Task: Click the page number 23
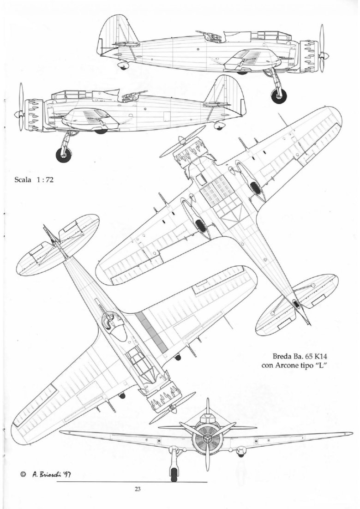pos(138,490)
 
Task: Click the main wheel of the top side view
pos(278,96)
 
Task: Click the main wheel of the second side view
pos(63,155)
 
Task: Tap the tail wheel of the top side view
pos(123,66)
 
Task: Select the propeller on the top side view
pos(322,48)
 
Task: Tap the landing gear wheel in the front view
pos(175,473)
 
